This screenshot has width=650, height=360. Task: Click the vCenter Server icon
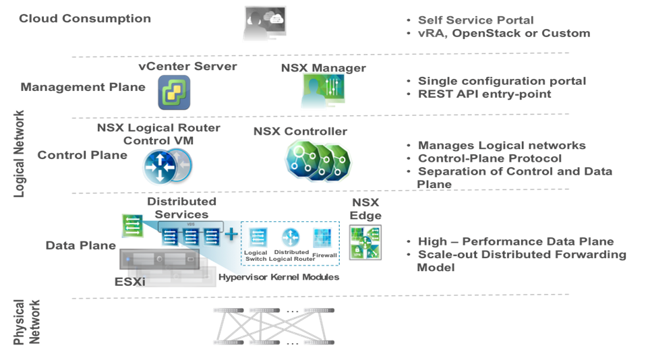click(x=174, y=92)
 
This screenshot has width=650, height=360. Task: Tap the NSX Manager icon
click(x=323, y=92)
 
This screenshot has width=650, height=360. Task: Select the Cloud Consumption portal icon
click(x=264, y=24)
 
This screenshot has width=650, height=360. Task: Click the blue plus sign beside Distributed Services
click(x=231, y=235)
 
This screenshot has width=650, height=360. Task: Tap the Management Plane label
click(x=83, y=87)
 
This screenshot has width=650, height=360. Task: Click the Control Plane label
click(x=82, y=155)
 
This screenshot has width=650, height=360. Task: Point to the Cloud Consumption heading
click(x=85, y=18)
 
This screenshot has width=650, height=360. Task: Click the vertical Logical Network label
click(x=20, y=154)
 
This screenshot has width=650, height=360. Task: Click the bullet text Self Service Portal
click(x=475, y=20)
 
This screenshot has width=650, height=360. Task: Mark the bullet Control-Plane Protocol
click(x=490, y=158)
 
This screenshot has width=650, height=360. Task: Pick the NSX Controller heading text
click(x=300, y=131)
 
